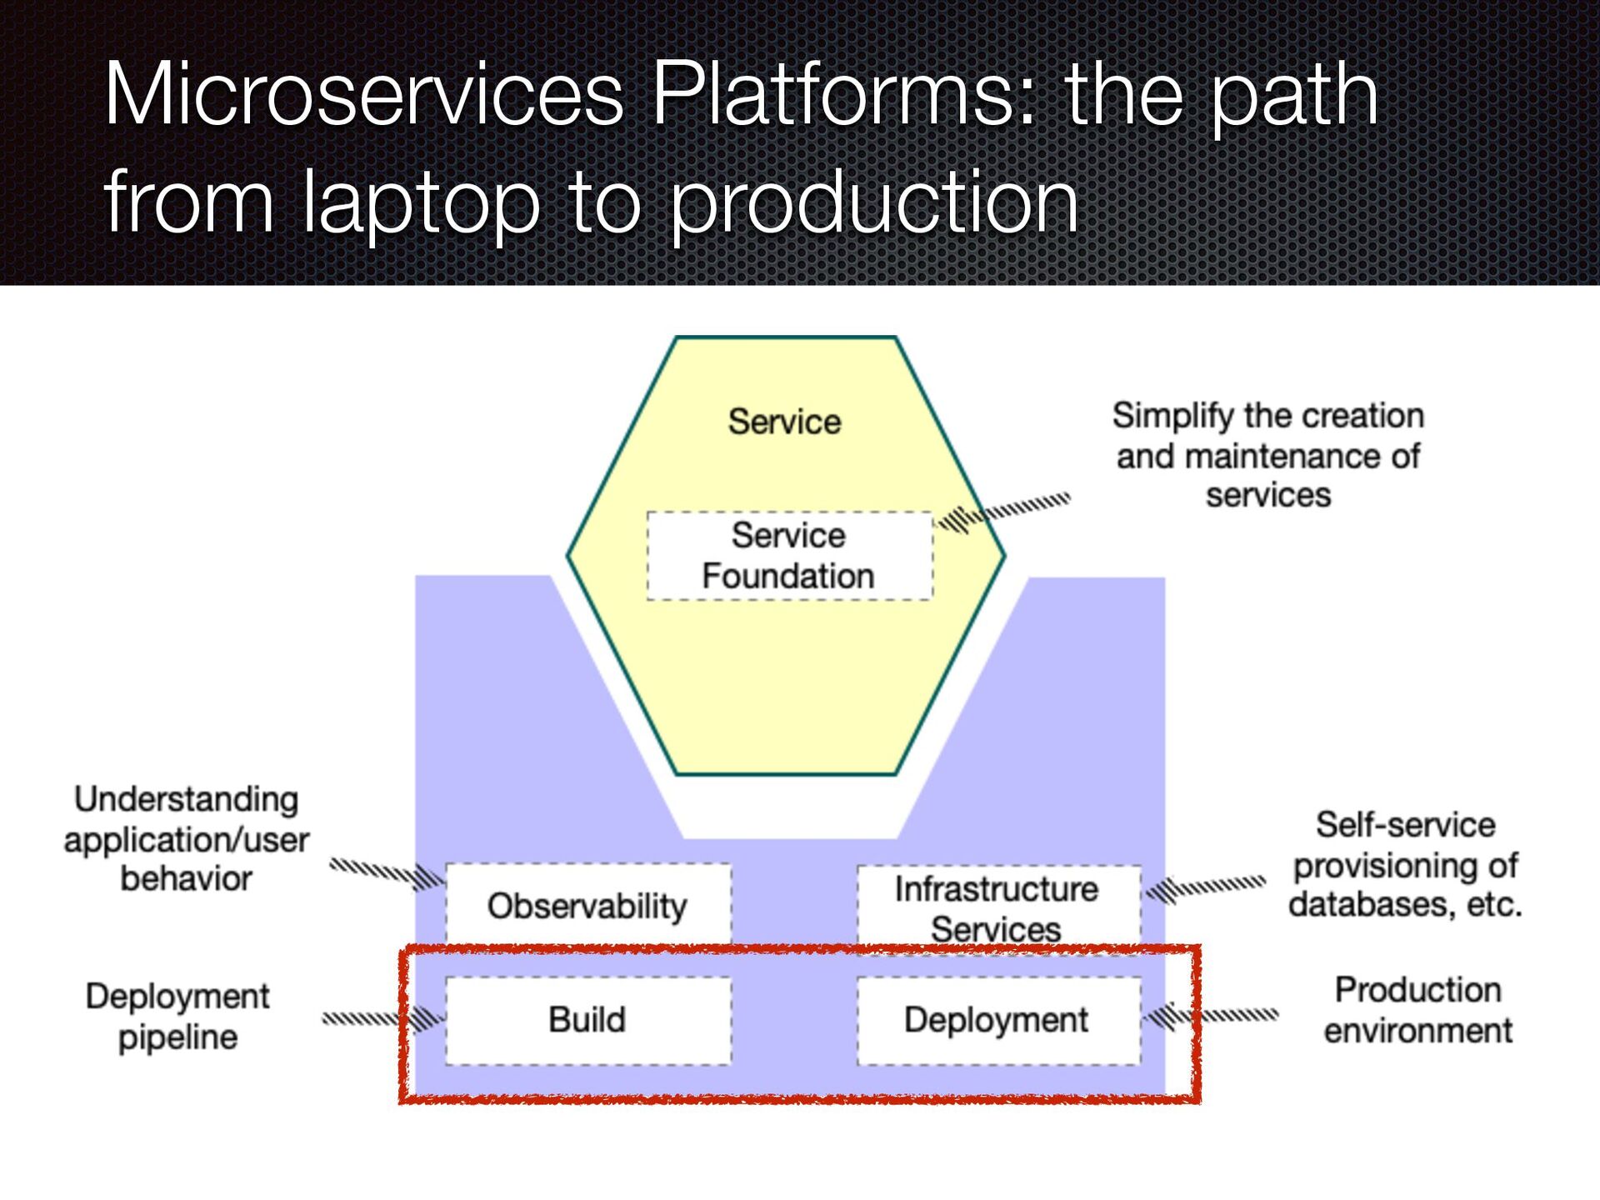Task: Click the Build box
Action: (x=588, y=1020)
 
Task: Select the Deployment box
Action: (x=998, y=1020)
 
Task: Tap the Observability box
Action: (x=588, y=905)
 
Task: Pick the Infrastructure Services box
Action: (x=998, y=908)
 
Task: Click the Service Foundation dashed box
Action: (x=790, y=556)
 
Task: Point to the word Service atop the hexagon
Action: (x=784, y=422)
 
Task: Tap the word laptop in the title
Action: (x=421, y=202)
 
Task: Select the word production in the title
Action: (x=874, y=202)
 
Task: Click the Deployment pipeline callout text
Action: (x=177, y=1017)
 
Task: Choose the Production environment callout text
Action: (x=1418, y=1010)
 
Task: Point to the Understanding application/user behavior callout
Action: (x=187, y=838)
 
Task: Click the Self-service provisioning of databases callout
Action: (x=1405, y=864)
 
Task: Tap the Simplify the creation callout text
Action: (x=1268, y=455)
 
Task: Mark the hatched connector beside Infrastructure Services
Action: (x=1205, y=888)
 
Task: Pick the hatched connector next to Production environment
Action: (x=1210, y=1016)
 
